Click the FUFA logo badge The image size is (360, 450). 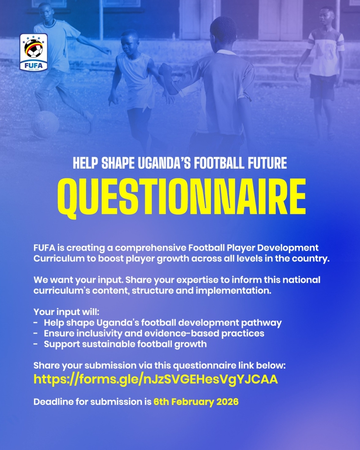[34, 52]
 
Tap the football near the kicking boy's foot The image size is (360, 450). [45, 124]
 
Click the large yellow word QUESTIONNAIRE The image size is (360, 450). [182, 196]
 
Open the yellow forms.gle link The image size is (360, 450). [156, 379]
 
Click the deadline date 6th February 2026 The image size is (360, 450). [196, 402]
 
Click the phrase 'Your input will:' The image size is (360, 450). [66, 312]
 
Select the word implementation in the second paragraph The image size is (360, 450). [233, 291]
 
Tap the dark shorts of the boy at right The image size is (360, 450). [322, 87]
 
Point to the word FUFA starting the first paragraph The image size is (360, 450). [44, 248]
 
